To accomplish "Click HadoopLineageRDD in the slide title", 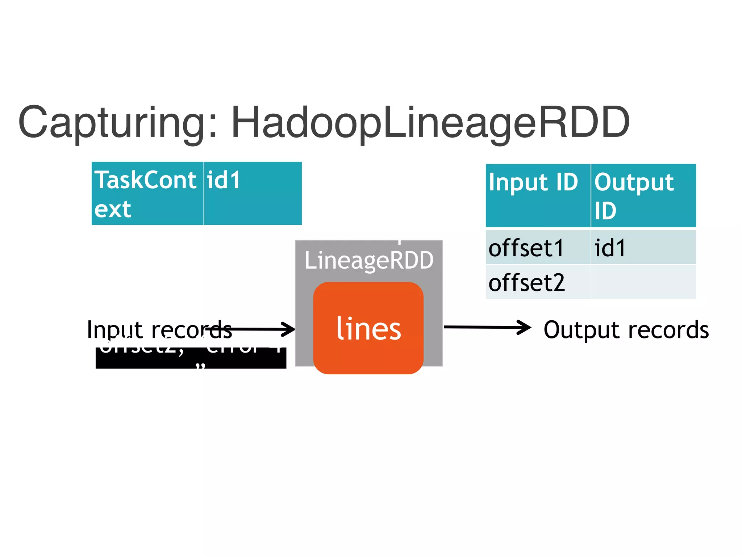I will coord(430,122).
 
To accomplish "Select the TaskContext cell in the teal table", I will coord(147,194).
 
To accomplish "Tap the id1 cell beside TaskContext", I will coord(253,194).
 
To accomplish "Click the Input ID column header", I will coord(538,195).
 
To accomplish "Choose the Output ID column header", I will coord(643,195).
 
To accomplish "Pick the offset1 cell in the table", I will coord(538,248).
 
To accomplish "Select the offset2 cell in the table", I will coord(538,282).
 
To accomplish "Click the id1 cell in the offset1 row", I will coord(643,248).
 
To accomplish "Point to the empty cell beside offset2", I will coord(643,282).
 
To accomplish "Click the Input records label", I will coord(159,329).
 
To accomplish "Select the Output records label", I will coord(626,330).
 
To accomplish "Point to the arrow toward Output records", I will coord(487,327).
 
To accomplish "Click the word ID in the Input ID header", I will coord(567,182).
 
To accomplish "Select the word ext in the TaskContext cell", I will coord(113,209).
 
